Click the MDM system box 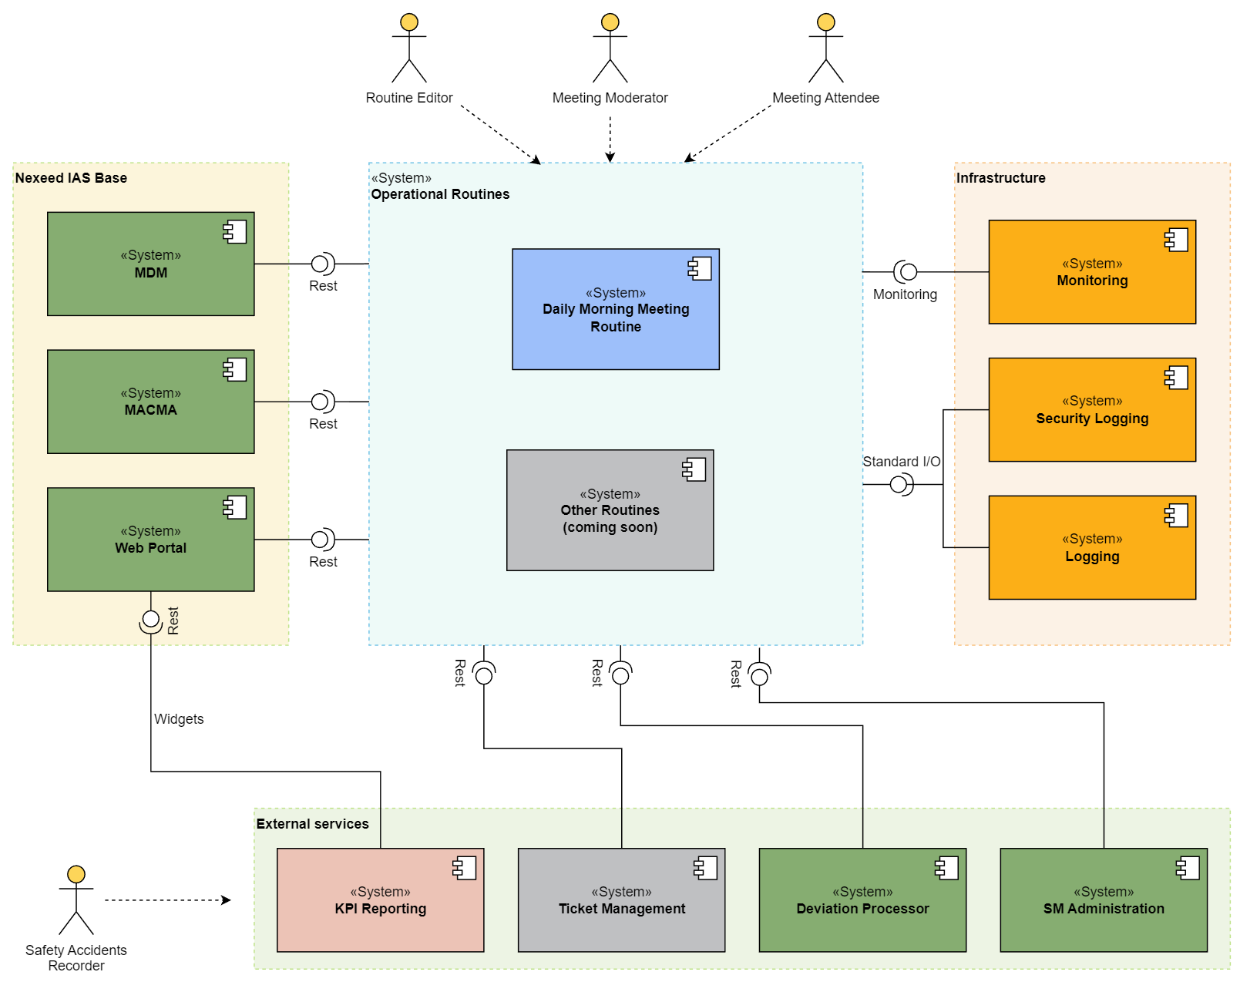click(x=150, y=264)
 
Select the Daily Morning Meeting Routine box click(x=615, y=309)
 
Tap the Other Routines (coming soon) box click(x=610, y=510)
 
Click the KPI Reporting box click(x=380, y=900)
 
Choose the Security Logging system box click(x=1091, y=409)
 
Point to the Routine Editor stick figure click(x=409, y=49)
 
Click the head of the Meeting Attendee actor click(x=826, y=22)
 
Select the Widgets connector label click(x=179, y=719)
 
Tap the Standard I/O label click(x=901, y=462)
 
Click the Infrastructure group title click(x=1000, y=178)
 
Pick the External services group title click(x=312, y=824)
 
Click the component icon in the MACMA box click(x=234, y=369)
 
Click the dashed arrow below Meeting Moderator click(x=610, y=139)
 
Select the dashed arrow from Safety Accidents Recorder click(x=167, y=900)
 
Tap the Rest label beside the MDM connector click(x=323, y=286)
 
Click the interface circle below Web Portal click(x=151, y=619)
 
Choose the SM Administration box click(x=1103, y=900)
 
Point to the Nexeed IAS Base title click(x=71, y=178)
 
